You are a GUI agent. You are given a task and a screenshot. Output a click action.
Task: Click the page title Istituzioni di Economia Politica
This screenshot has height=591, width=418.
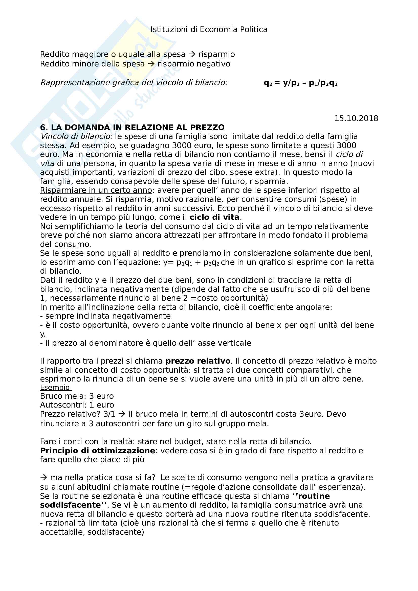tap(209, 30)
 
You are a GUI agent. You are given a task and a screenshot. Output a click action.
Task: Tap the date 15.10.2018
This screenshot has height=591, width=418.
tap(356, 119)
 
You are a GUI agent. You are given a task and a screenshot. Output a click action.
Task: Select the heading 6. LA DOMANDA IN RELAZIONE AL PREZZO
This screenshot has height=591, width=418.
tap(132, 127)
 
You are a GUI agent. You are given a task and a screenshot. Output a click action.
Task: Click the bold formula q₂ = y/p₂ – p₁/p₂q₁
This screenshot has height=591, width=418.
tap(300, 83)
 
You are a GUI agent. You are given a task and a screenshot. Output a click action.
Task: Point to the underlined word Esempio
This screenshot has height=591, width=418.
tap(55, 388)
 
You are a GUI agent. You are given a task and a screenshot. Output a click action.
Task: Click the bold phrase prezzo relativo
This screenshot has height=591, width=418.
tap(198, 361)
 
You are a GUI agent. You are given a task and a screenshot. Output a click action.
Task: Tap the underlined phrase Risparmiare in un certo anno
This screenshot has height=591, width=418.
tap(96, 190)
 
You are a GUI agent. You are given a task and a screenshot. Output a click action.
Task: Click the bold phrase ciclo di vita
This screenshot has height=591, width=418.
tap(214, 217)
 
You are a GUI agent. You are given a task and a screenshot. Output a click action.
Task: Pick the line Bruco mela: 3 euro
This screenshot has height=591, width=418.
tap(77, 396)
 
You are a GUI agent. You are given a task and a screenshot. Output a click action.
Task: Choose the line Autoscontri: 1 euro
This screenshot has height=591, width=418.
tap(77, 405)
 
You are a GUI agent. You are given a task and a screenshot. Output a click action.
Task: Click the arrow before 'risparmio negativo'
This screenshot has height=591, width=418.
tap(151, 64)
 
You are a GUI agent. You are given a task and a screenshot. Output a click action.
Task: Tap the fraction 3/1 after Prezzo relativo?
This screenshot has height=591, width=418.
tap(109, 414)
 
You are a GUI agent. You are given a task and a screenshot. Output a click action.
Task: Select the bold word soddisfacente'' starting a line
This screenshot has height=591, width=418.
tap(73, 505)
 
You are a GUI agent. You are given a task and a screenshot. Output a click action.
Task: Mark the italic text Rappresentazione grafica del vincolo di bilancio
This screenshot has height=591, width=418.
tap(134, 83)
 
